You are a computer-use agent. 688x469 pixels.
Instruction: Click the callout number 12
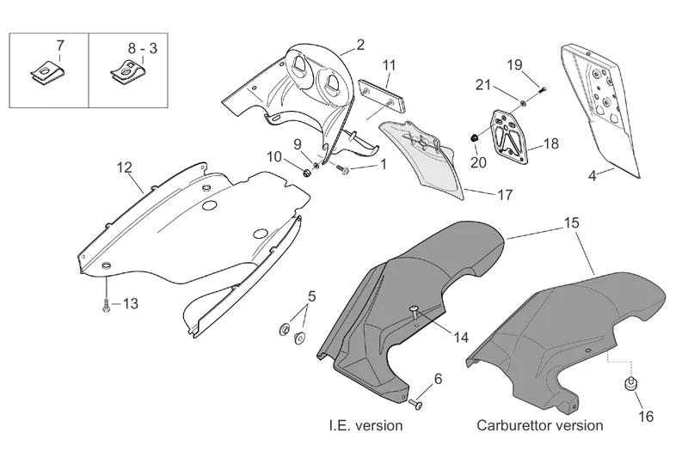coord(125,167)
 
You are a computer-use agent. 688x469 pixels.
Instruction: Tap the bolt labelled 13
coord(105,305)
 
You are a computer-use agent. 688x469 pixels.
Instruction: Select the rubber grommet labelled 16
coord(631,384)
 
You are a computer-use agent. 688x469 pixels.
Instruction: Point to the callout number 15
coord(572,222)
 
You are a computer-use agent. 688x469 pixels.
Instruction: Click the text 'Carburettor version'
coord(541,425)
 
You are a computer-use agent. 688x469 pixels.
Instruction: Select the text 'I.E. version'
coord(365,425)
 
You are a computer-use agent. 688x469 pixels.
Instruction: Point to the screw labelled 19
coord(539,88)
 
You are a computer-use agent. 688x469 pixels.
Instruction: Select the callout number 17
coord(506,195)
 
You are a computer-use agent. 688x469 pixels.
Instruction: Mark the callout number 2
coord(360,44)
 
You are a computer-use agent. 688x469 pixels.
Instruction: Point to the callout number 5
coord(311,296)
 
